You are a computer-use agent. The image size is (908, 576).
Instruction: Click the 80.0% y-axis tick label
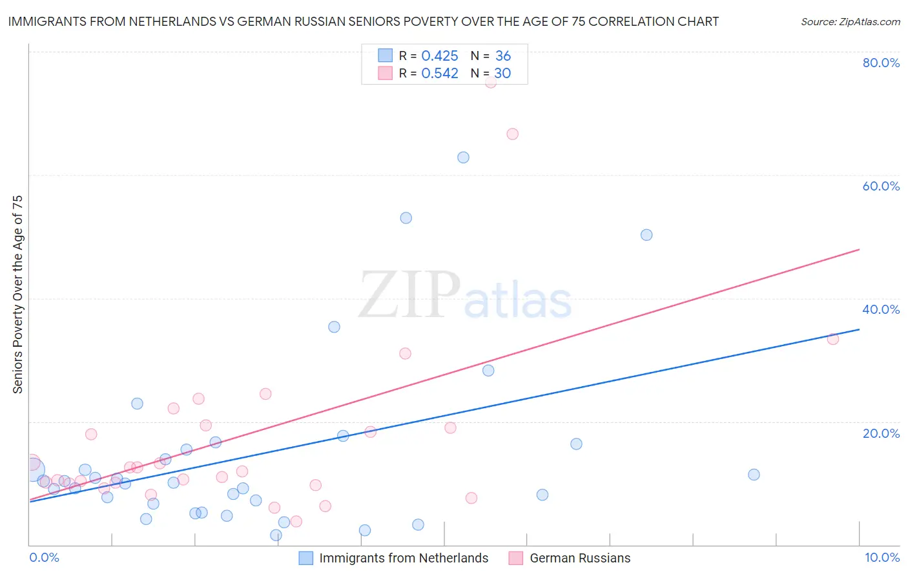pyautogui.click(x=881, y=63)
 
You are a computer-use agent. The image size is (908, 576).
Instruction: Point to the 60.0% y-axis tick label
pyautogui.click(x=881, y=186)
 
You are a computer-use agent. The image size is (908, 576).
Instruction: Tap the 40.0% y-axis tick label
pyautogui.click(x=881, y=309)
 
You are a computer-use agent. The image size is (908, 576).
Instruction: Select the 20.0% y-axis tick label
pyautogui.click(x=881, y=433)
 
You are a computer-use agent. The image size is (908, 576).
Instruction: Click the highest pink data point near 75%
pyautogui.click(x=491, y=82)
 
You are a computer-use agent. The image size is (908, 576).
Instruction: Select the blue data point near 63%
pyautogui.click(x=463, y=158)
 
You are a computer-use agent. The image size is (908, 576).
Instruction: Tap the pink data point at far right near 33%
pyautogui.click(x=833, y=339)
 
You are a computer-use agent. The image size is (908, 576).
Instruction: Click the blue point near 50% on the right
pyautogui.click(x=646, y=235)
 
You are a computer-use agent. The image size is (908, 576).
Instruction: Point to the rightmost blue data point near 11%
pyautogui.click(x=754, y=475)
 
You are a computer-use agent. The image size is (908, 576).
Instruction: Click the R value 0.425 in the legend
pyautogui.click(x=440, y=56)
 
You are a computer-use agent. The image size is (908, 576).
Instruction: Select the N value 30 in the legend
pyautogui.click(x=502, y=74)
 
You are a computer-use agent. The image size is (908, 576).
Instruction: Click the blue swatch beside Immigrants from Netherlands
pyautogui.click(x=306, y=558)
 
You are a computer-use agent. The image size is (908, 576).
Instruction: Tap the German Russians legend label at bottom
pyautogui.click(x=580, y=558)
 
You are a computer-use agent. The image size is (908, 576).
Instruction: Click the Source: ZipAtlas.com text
pyautogui.click(x=850, y=22)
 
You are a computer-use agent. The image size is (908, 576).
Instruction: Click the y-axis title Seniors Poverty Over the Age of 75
pyautogui.click(x=18, y=294)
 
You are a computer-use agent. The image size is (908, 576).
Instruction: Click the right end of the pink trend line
pyautogui.click(x=859, y=249)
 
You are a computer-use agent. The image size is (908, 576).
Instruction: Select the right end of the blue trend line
pyautogui.click(x=859, y=329)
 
